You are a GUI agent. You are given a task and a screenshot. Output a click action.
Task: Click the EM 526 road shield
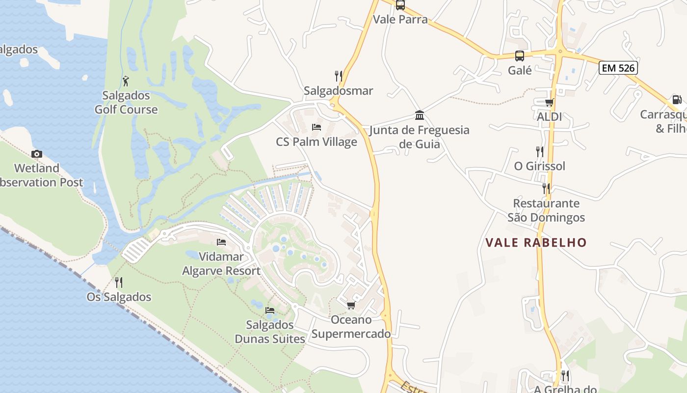[x=618, y=68]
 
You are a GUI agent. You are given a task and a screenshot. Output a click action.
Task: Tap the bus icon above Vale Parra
[x=400, y=5]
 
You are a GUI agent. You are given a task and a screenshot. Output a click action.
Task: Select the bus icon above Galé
[x=520, y=56]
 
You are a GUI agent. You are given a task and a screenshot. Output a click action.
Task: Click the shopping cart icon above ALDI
[x=549, y=102]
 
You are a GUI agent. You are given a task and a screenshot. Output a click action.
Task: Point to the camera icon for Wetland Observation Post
[x=37, y=154]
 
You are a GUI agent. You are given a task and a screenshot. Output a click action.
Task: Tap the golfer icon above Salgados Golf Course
[x=126, y=81]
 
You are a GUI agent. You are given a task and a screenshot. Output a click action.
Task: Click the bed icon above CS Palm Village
[x=317, y=127]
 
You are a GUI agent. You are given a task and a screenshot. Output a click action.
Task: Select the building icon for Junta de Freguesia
[x=420, y=115]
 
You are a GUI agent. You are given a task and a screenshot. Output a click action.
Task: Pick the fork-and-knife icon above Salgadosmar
[x=339, y=76]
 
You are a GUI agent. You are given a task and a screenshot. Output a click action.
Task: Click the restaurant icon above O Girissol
[x=540, y=151]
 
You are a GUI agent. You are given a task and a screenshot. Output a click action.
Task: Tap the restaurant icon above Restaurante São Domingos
[x=546, y=188]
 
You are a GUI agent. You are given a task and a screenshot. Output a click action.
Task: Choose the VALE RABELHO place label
[x=536, y=242]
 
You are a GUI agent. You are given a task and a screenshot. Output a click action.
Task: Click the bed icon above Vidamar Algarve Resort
[x=221, y=242]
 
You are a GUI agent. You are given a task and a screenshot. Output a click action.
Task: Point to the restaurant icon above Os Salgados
[x=119, y=282]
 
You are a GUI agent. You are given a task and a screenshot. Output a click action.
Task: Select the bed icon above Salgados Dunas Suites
[x=270, y=310]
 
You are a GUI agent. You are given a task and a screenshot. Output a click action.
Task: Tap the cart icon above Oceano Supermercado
[x=351, y=306]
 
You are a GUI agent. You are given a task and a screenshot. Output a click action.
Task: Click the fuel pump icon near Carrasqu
[x=677, y=100]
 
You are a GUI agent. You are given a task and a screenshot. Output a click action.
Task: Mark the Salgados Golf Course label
[x=126, y=102]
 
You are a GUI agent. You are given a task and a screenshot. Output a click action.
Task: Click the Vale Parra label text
[x=400, y=20]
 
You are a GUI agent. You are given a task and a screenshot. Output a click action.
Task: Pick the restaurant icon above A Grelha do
[x=565, y=376]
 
